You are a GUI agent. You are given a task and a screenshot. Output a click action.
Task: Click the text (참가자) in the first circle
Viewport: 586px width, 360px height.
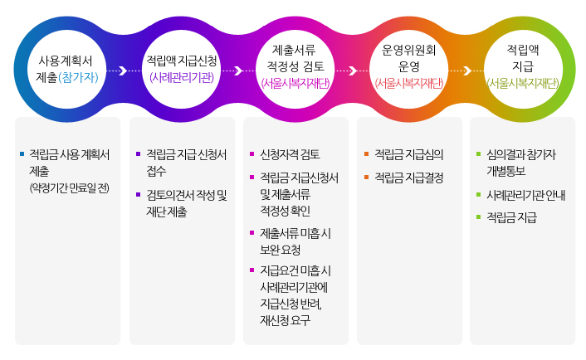81,77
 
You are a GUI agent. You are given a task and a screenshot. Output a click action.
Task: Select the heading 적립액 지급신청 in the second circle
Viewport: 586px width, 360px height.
182,61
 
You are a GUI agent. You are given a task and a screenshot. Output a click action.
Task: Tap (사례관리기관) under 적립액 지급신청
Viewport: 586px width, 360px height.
182,77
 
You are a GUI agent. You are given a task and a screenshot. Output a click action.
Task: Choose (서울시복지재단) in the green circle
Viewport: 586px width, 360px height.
523,83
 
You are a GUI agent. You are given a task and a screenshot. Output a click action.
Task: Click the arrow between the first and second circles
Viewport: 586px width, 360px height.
123,71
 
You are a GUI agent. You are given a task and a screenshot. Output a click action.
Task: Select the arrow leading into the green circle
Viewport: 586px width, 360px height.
467,71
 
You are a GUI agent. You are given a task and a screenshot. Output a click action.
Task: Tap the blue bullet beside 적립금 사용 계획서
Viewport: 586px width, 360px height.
22,154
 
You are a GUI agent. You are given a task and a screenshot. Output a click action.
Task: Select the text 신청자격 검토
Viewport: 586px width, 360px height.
290,154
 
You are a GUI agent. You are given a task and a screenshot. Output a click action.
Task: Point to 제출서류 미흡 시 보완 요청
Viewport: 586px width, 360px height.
295,241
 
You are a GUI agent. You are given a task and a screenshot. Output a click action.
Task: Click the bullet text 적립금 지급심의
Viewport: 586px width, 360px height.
409,154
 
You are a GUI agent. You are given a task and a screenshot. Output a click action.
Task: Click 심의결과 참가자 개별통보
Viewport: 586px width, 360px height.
521,163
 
